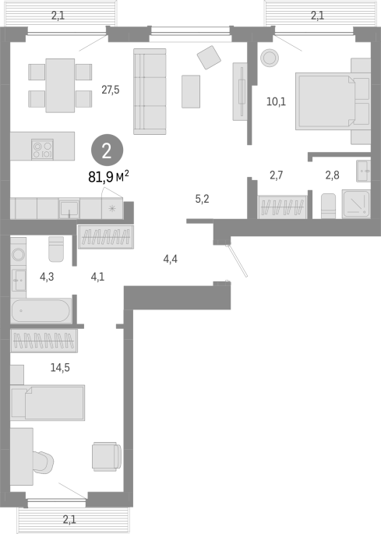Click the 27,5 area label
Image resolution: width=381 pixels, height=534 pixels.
[111, 90]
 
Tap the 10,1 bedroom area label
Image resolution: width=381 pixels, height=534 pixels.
[276, 101]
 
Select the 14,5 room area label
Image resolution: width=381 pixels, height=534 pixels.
[60, 367]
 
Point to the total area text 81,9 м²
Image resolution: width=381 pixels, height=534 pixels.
[108, 176]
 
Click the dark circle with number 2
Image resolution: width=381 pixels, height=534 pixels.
[107, 150]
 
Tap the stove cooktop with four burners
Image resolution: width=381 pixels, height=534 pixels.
[43, 149]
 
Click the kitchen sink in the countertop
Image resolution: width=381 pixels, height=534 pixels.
[69, 209]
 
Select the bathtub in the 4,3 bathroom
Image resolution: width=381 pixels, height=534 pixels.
[41, 310]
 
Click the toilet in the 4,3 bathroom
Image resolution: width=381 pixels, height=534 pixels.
[56, 249]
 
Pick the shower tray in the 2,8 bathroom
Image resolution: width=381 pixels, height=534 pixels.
[356, 204]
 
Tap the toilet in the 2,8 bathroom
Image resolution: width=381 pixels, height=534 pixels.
[329, 206]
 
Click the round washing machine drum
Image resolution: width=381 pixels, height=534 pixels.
[18, 254]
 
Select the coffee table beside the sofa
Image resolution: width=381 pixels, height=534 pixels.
[191, 92]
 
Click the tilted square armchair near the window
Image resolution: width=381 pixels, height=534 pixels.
[209, 57]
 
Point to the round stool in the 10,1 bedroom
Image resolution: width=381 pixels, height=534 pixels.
[270, 58]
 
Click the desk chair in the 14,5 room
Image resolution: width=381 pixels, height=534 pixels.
[44, 462]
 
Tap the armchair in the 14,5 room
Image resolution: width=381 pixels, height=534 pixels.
[107, 457]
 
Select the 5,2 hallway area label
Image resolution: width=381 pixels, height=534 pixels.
[203, 199]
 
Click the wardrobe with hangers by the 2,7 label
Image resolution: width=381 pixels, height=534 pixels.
[282, 207]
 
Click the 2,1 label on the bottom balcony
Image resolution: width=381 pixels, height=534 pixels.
[69, 520]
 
